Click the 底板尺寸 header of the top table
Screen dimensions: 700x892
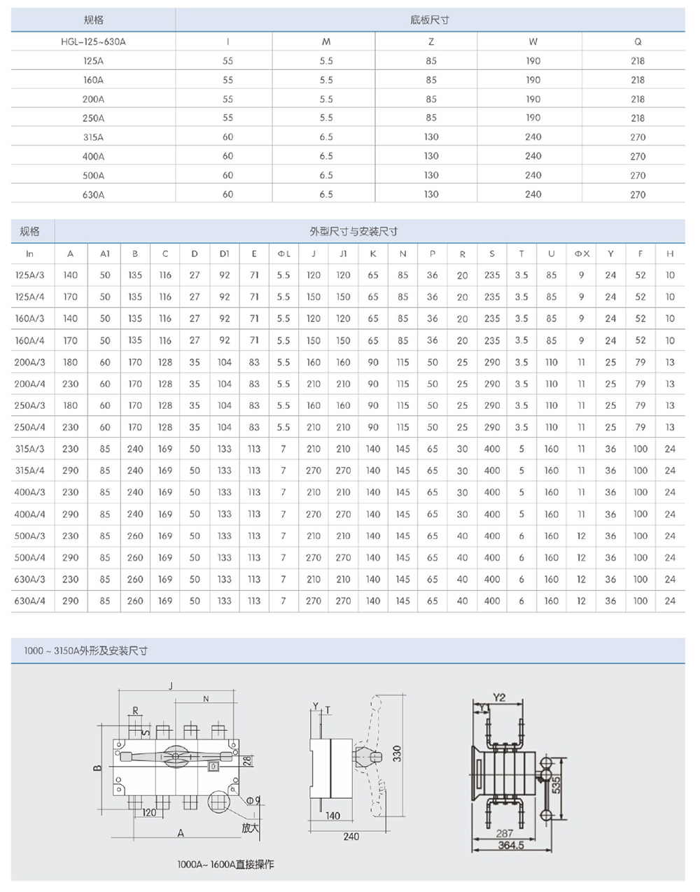[430, 20]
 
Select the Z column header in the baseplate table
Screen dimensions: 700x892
[430, 41]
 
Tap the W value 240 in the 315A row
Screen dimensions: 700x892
[533, 137]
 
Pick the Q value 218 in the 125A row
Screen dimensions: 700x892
[638, 61]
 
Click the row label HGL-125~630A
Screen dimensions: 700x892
[93, 41]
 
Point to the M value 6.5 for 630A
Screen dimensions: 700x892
[326, 194]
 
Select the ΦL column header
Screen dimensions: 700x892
[283, 253]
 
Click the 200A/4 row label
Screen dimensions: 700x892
[29, 384]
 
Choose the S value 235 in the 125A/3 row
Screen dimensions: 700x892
[492, 275]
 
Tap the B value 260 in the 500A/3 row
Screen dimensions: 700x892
[135, 536]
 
